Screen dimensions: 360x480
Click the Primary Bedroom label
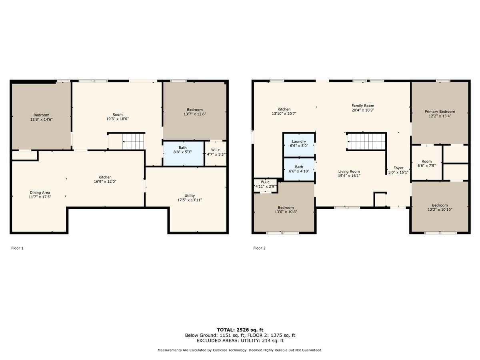(x=440, y=112)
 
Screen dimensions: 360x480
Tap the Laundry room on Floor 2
(x=299, y=144)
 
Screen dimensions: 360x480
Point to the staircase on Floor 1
(x=133, y=141)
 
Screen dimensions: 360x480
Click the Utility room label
(x=189, y=196)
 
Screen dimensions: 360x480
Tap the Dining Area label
(x=40, y=192)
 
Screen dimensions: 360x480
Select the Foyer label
(x=398, y=168)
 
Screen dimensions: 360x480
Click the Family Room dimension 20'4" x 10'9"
(x=363, y=110)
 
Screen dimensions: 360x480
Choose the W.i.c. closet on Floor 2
(x=265, y=184)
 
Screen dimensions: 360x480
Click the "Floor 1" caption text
(x=17, y=248)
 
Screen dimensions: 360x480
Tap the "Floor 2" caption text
(x=259, y=248)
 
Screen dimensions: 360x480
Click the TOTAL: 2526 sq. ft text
(x=240, y=330)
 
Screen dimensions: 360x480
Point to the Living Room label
(x=349, y=171)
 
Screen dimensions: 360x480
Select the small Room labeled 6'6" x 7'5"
(x=426, y=164)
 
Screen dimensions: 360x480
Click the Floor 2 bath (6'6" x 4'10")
(x=299, y=169)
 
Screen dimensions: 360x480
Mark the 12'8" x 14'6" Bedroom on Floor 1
(x=41, y=117)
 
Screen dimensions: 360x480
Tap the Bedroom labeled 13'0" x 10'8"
(x=286, y=210)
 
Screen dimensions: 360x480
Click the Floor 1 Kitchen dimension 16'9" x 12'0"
(x=105, y=182)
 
